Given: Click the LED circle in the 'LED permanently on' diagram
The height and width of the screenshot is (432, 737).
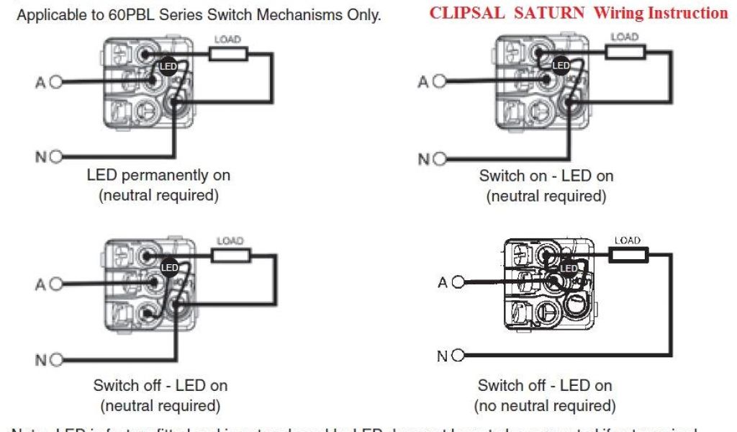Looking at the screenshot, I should coord(168,66).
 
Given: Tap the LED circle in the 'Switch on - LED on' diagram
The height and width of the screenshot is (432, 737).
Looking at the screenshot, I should coord(561,66).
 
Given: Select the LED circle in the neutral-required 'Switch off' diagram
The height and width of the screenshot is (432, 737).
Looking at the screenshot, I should coord(169,268).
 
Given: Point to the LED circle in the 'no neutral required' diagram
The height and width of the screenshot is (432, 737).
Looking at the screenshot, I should coord(569,268).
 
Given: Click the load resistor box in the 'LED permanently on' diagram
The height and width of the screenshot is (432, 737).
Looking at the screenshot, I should coord(229,53).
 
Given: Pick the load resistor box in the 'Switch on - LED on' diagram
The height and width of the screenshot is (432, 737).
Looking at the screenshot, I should coord(625,52).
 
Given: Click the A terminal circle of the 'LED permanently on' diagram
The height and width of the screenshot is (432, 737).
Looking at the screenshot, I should coord(56,82).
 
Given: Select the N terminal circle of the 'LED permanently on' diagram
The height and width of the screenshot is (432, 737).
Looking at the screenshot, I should coord(56,156).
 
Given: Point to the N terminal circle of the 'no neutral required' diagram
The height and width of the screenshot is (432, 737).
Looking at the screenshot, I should coord(459,356).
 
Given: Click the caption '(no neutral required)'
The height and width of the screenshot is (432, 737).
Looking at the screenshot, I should coord(546,405).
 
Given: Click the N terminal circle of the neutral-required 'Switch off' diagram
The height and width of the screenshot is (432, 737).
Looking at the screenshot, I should coord(56,359).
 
